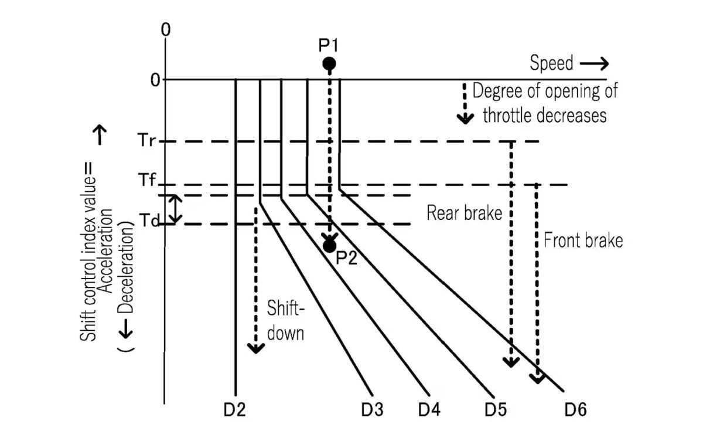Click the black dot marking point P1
(329, 64)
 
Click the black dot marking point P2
(329, 246)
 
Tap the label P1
(328, 45)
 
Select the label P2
(346, 258)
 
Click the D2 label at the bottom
(234, 410)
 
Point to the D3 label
(372, 410)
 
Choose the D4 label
(429, 410)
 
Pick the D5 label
(496, 410)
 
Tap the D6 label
(575, 410)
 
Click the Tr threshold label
(146, 140)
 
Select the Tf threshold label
(147, 180)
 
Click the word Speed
(551, 63)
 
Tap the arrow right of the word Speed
(595, 64)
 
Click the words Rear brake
(464, 213)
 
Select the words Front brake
(583, 240)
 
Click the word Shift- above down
(286, 308)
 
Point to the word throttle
(514, 116)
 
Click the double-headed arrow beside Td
(175, 209)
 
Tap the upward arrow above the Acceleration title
(100, 135)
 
